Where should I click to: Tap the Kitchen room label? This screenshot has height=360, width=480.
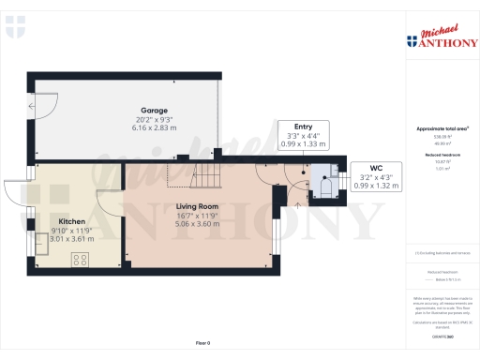tap(46, 221)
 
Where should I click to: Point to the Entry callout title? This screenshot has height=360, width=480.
tap(303, 127)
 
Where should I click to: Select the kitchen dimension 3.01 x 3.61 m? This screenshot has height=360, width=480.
tap(46, 239)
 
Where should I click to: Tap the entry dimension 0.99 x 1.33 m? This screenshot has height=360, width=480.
tap(303, 144)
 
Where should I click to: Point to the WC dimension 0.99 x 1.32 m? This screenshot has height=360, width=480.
tap(380, 187)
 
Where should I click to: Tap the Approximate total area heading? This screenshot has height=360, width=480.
tap(442, 127)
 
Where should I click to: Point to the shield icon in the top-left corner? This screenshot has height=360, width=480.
tap(12, 30)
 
